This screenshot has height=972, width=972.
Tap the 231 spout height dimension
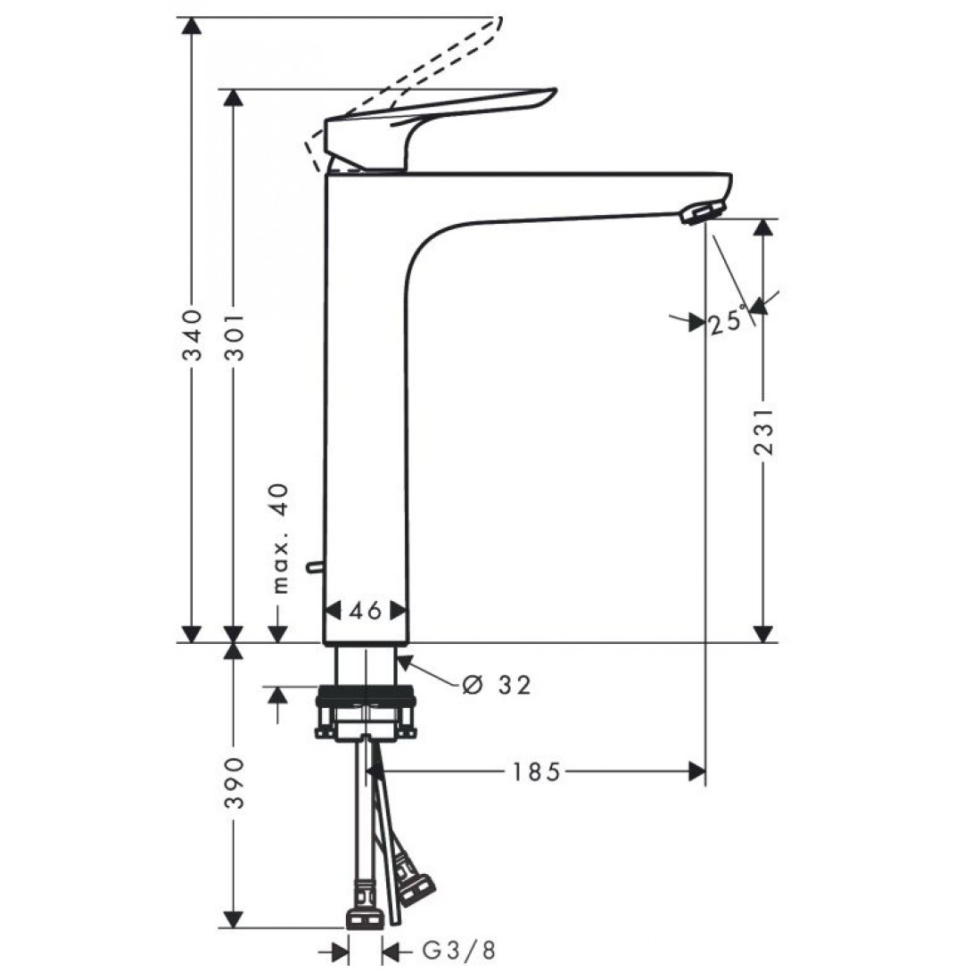[x=762, y=432]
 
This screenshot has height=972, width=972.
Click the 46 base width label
[x=366, y=611]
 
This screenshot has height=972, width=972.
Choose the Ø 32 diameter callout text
[x=497, y=685]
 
